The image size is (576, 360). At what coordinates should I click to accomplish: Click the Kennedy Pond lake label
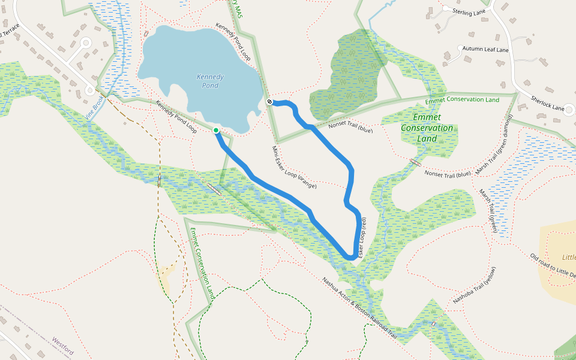(x=210, y=81)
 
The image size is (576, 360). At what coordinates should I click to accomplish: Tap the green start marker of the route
(x=216, y=130)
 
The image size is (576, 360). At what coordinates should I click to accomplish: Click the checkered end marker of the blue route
(x=270, y=101)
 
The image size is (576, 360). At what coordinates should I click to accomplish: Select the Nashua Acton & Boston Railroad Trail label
(x=359, y=308)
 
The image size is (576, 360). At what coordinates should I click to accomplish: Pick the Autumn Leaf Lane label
(x=485, y=50)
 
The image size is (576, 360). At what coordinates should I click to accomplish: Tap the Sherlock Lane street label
(x=548, y=104)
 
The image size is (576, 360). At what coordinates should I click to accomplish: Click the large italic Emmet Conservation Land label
(x=427, y=128)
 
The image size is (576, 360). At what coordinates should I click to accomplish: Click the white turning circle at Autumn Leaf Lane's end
(x=460, y=48)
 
